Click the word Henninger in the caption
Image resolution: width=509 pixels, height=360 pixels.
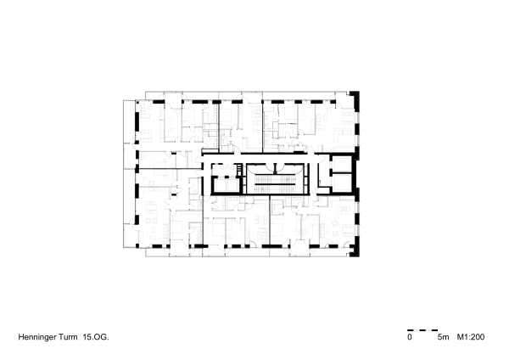coord(39,337)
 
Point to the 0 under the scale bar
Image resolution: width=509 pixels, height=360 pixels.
coord(409,338)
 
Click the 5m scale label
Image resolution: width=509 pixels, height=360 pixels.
coord(442,338)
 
